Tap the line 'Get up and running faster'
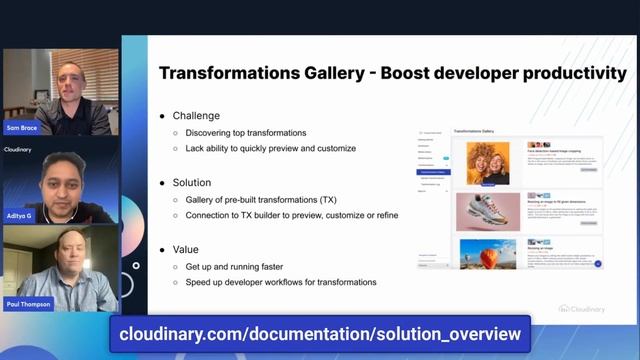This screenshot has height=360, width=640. (235, 266)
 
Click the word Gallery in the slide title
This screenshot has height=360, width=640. (343, 73)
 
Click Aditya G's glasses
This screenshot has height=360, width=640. (63, 172)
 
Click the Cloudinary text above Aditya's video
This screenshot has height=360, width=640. (19, 149)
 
